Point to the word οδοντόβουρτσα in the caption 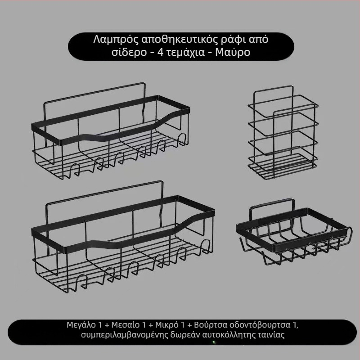(262, 325)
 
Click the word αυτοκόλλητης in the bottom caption (226, 335)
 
